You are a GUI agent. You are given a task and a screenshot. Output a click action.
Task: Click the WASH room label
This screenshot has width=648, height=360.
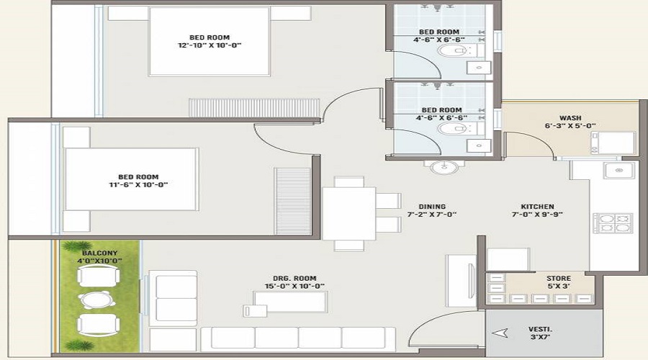click(x=570, y=118)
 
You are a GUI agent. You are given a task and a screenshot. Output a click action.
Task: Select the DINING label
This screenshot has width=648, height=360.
click(x=432, y=207)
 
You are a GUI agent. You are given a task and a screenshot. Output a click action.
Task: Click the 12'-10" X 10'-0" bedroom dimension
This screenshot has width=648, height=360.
click(x=210, y=45)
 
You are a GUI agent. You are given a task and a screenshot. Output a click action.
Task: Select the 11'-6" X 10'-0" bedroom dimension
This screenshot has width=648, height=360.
click(x=138, y=184)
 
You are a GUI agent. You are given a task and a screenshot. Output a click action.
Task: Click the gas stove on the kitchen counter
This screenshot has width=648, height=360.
click(x=612, y=222)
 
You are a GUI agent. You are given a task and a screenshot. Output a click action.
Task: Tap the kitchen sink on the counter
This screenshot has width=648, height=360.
click(x=618, y=171)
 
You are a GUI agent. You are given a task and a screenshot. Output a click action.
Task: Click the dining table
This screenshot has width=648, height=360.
click(x=349, y=212)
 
